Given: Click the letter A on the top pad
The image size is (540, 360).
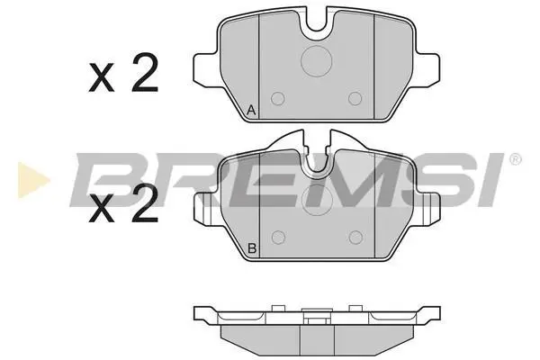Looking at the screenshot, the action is coord(251,111).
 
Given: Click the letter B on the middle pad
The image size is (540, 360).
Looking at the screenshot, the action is coord(252,248).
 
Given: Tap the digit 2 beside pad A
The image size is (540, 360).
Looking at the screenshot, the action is coord(145,73).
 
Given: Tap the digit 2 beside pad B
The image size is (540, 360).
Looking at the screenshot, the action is coord(145,202).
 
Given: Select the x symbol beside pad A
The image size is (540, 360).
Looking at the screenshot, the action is coord(101,78).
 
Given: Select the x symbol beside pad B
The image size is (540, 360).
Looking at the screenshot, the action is coord(101,209).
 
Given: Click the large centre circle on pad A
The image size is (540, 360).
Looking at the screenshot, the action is coord(317,61).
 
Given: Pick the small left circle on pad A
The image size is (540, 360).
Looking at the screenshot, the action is coord(278,99).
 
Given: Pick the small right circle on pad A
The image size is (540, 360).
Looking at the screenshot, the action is coord(355,99).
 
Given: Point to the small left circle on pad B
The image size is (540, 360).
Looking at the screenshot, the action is coord(278,238).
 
